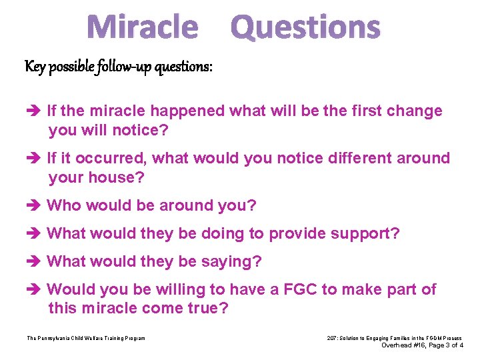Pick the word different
click(357, 158)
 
